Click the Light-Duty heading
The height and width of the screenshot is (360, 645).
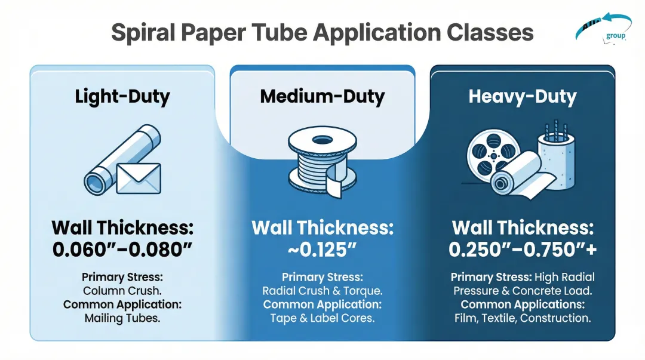point(122,97)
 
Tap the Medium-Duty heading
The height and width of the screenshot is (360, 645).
point(322,97)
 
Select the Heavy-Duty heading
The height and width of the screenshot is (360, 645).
point(523,97)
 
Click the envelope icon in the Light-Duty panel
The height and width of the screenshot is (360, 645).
point(138,178)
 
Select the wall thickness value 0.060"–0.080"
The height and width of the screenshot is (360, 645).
point(122,249)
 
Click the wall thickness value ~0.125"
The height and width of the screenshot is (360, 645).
point(322,249)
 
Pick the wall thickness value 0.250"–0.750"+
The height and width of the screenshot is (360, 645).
point(523,249)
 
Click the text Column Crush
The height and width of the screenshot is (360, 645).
point(122,291)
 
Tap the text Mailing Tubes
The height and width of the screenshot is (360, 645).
point(122,318)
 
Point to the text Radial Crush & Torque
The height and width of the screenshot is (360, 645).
point(322,291)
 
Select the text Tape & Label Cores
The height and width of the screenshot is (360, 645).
point(322,318)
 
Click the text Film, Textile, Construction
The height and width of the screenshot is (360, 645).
point(523,318)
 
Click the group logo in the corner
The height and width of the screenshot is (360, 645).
point(603,29)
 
